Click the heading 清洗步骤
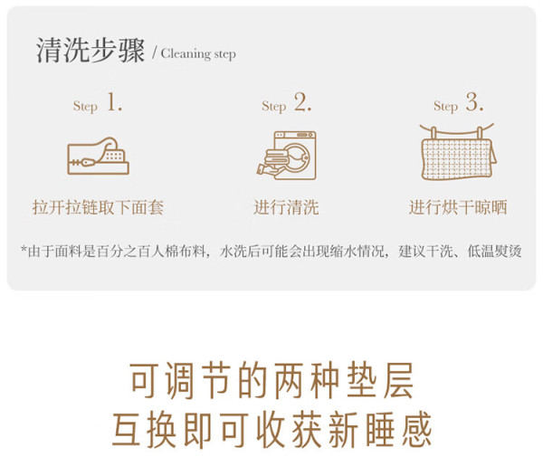tap(90, 51)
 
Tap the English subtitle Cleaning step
tap(198, 54)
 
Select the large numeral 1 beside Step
tap(114, 102)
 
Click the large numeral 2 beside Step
tap(302, 102)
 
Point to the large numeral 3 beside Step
tap(474, 102)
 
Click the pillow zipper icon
tap(98, 157)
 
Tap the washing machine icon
tap(286, 155)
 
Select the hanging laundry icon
tap(458, 152)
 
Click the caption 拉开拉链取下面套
tap(98, 207)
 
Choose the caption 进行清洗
tap(286, 207)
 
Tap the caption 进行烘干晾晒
tap(458, 207)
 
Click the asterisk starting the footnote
tap(24, 249)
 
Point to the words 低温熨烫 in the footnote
tap(494, 252)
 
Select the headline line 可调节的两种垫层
tap(271, 380)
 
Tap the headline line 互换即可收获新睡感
tap(271, 430)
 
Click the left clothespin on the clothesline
tap(433, 133)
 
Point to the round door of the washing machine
tap(296, 157)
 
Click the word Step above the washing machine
tap(274, 106)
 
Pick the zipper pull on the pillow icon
tap(88, 162)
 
